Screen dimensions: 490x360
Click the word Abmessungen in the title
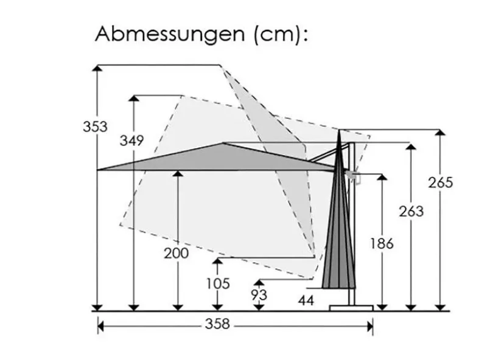click(x=170, y=34)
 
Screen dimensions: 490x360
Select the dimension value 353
click(x=95, y=126)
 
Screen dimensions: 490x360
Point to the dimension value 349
click(x=131, y=140)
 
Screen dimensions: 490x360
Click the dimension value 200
click(x=177, y=253)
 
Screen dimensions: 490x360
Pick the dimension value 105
click(x=218, y=283)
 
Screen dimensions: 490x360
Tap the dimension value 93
click(x=259, y=295)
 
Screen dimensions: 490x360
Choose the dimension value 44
click(x=306, y=300)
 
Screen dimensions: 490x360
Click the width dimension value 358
click(x=217, y=324)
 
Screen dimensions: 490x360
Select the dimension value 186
click(x=382, y=243)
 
